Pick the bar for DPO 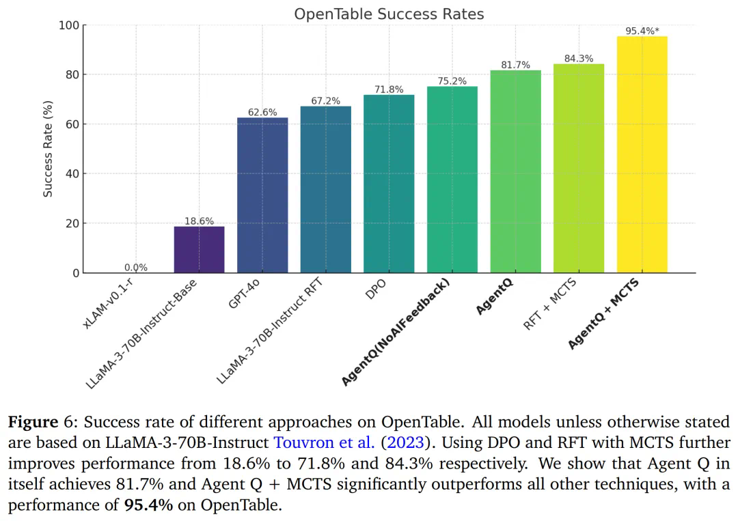point(389,184)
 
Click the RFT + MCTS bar point(579,168)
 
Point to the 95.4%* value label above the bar point(642,31)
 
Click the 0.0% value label point(136,268)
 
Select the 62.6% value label point(262,112)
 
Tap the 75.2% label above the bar point(452,81)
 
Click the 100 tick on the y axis point(69,25)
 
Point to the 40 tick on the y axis point(72,173)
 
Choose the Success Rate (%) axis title point(48,149)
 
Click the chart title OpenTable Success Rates point(389,14)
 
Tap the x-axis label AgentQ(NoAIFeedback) point(396,333)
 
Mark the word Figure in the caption point(33,421)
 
